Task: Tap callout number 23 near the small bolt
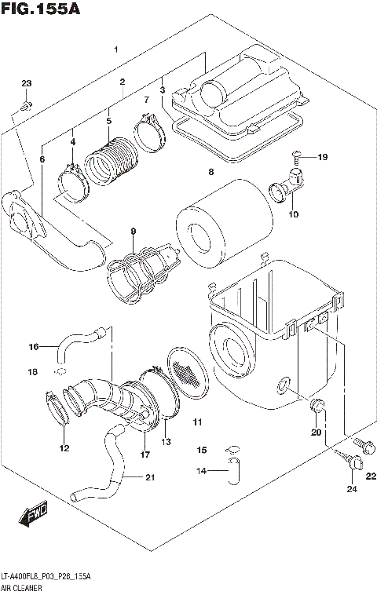click(26, 84)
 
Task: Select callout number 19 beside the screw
click(322, 158)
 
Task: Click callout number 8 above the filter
click(210, 171)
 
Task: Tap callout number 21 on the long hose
click(150, 476)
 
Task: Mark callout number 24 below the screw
click(351, 490)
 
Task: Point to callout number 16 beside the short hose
click(34, 346)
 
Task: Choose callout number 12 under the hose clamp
click(64, 448)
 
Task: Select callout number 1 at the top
click(115, 49)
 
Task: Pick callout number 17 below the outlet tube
click(145, 454)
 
